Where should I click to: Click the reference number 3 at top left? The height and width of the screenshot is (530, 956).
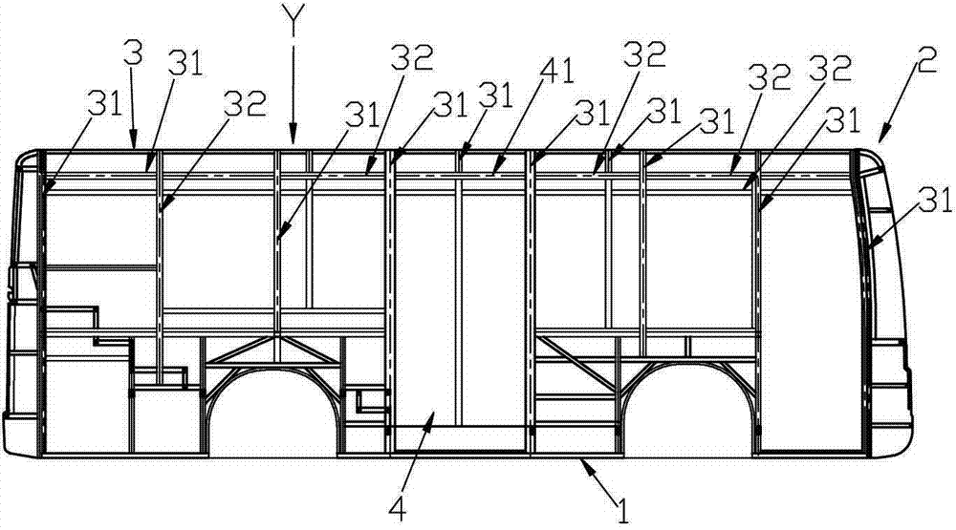pos(133,53)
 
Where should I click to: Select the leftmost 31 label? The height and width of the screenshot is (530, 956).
pos(106,104)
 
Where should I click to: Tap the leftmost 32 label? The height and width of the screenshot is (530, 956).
pos(245,103)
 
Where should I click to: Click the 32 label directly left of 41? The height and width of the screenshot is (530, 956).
pos(412,59)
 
